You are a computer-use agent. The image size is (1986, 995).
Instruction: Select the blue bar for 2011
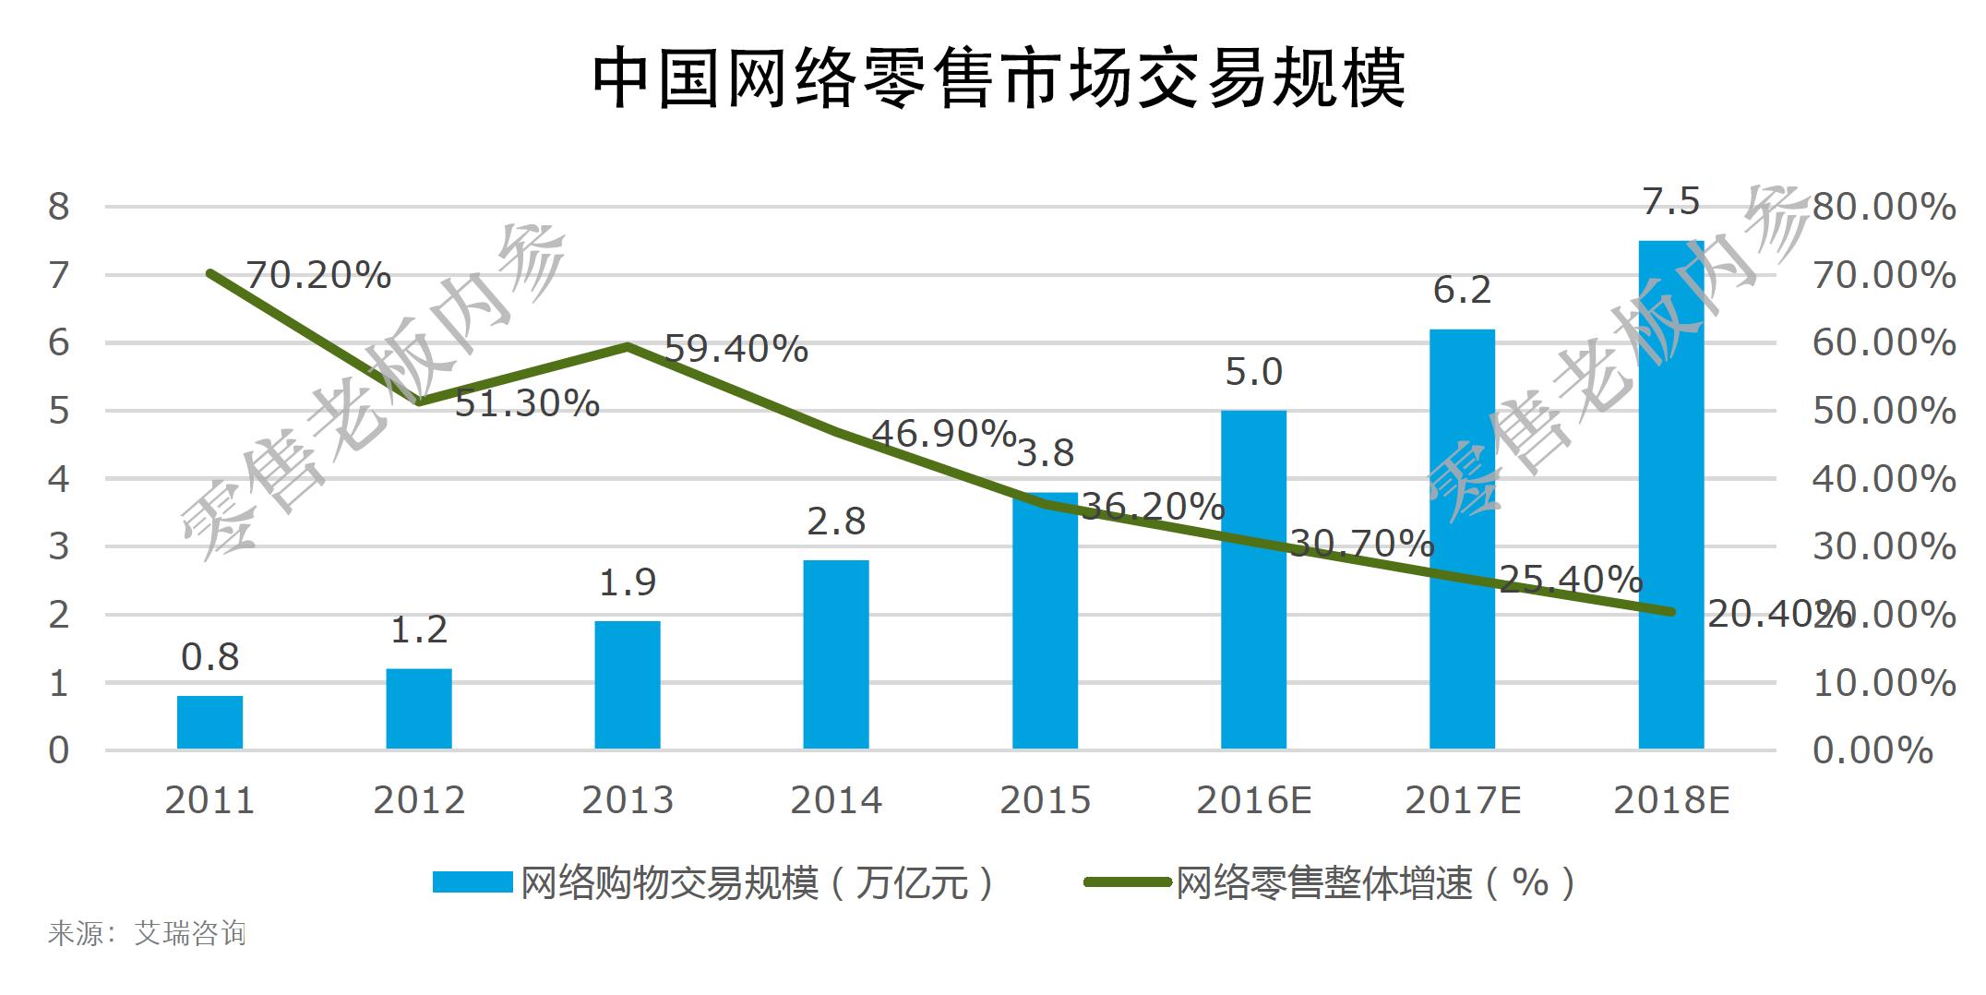point(209,722)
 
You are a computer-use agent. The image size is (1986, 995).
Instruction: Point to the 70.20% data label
point(317,275)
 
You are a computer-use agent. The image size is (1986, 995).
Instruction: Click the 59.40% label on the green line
point(736,349)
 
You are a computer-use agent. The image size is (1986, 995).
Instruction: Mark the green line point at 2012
point(419,402)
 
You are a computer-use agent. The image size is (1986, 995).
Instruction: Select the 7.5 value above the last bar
point(1670,201)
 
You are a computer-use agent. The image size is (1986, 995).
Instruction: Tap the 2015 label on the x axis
point(1045,800)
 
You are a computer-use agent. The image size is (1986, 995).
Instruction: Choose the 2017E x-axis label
point(1462,800)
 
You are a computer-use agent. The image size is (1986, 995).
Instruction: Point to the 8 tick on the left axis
point(58,207)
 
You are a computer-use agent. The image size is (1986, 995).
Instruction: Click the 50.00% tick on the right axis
point(1883,411)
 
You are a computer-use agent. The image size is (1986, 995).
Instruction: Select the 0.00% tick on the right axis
point(1872,750)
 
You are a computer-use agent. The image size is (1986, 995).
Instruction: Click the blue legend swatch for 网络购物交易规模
point(472,882)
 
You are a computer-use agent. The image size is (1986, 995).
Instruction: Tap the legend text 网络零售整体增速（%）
point(1375,883)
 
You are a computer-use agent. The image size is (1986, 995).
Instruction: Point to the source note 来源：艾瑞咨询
point(147,933)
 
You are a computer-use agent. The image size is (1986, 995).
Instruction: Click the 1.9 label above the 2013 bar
point(628,582)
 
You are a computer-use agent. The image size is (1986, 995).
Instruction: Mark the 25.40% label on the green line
point(1571,580)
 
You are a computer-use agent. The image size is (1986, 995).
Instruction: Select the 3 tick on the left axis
point(58,546)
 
